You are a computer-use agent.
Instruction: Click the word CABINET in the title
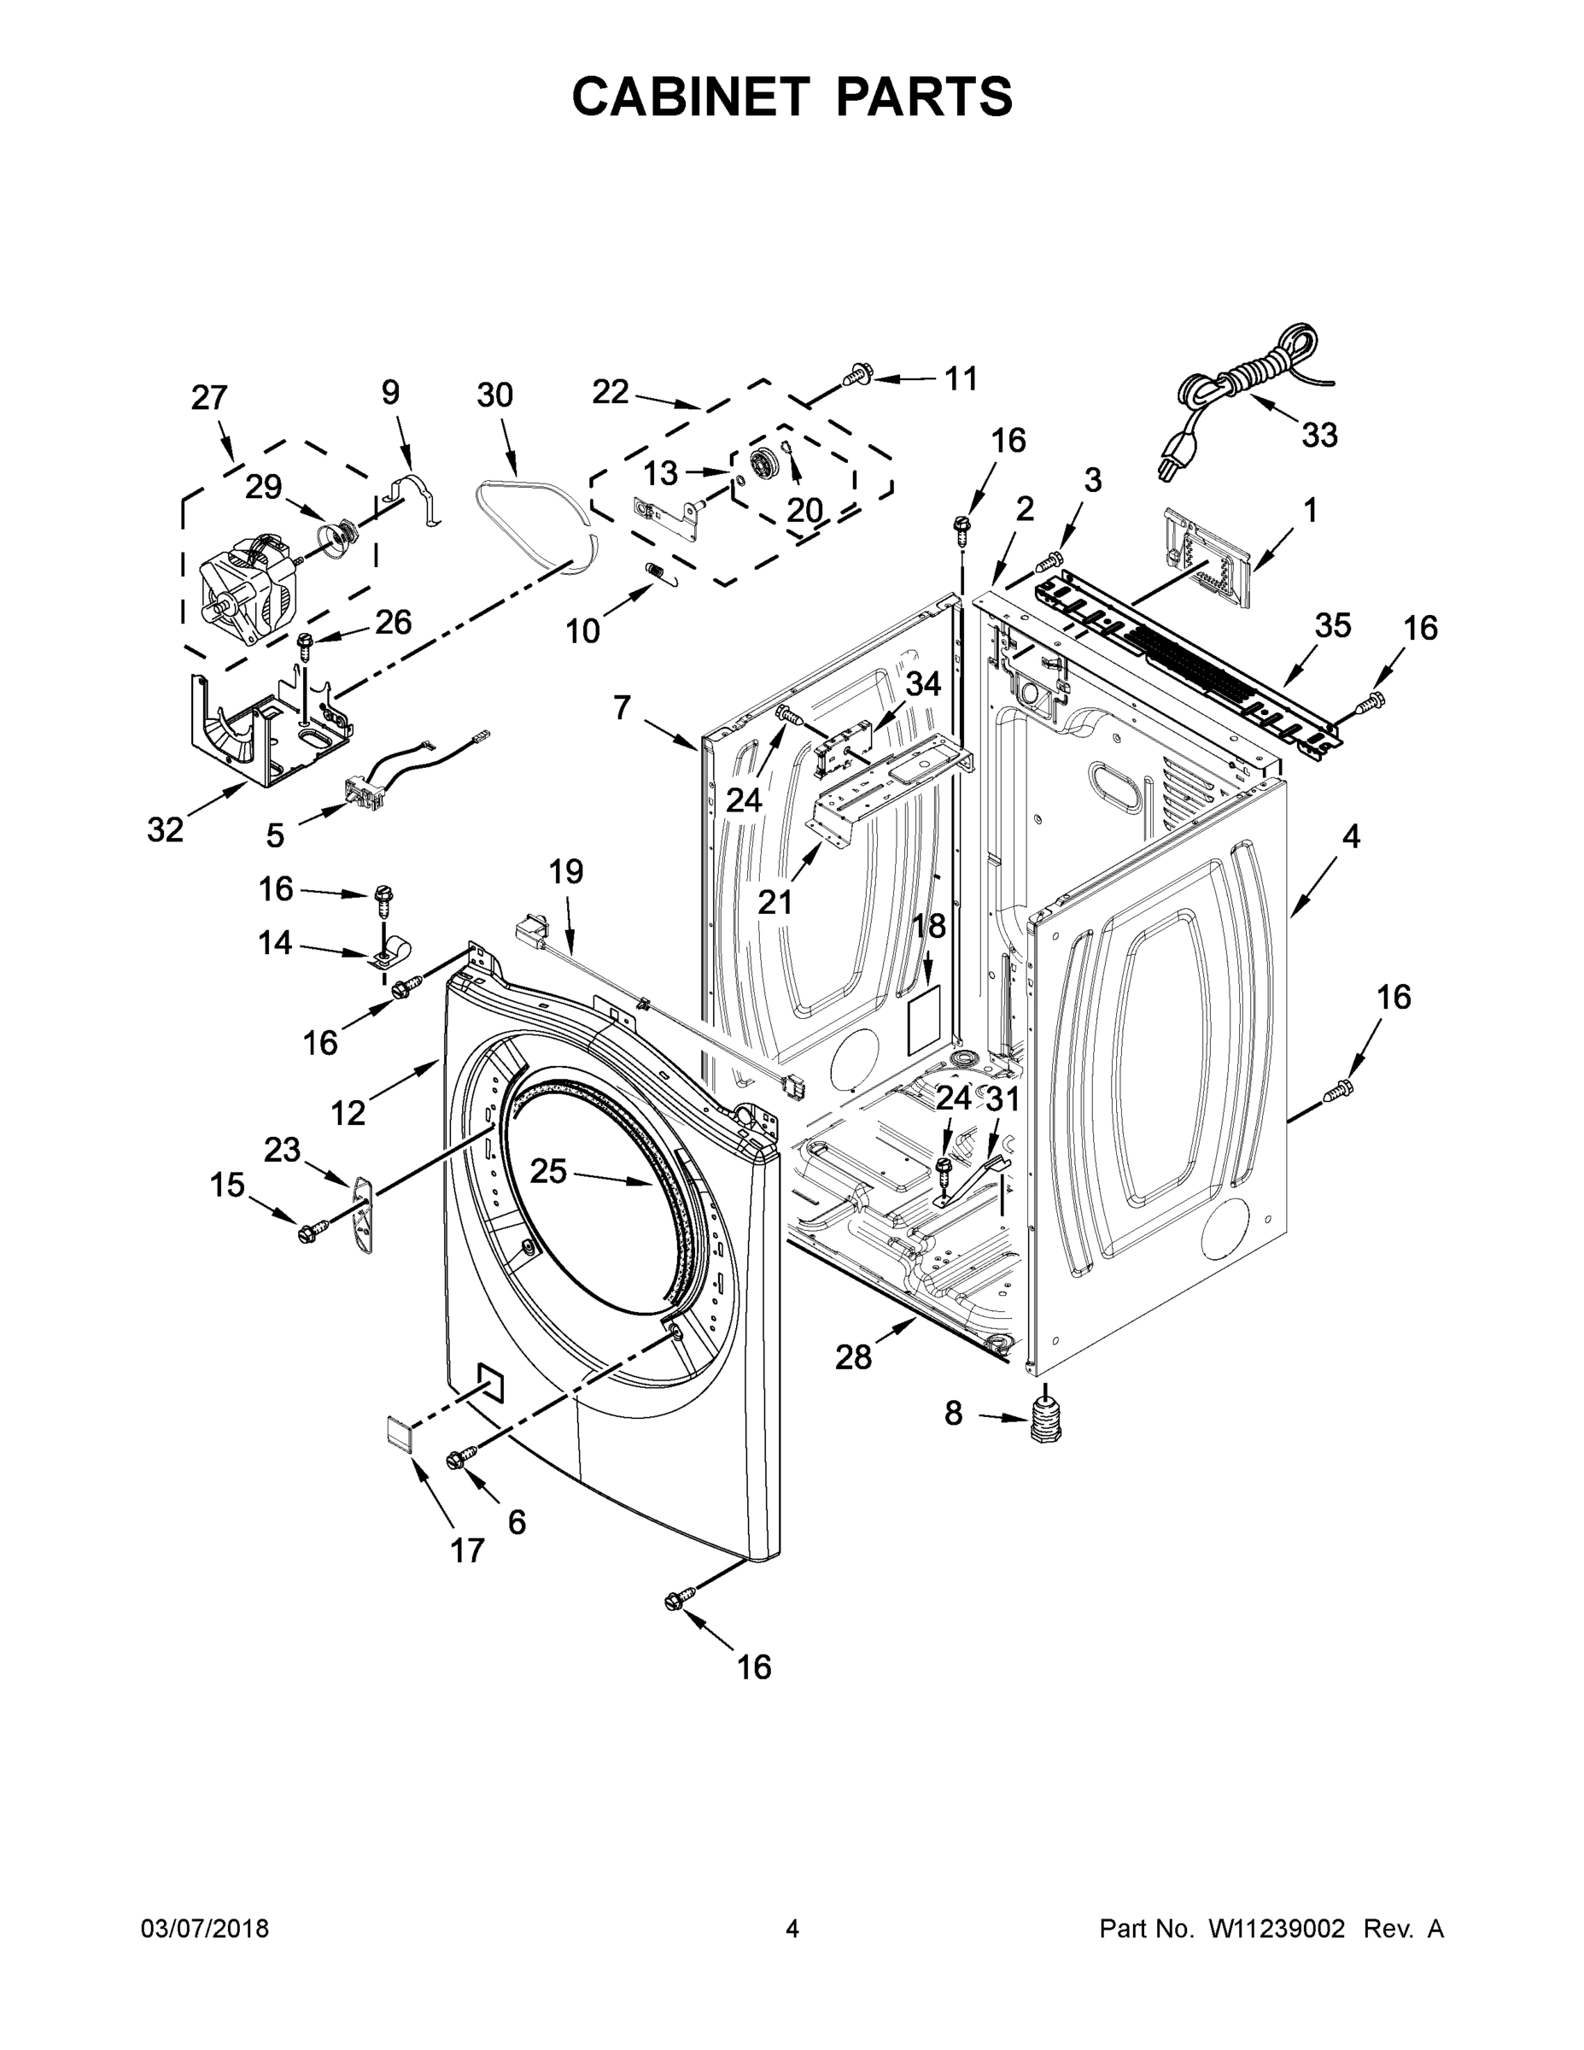point(691,96)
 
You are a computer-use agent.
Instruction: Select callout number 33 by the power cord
point(1318,435)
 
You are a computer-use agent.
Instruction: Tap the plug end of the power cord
point(1170,465)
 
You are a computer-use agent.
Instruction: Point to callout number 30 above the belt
point(494,395)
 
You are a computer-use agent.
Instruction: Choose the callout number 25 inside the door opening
point(548,1170)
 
